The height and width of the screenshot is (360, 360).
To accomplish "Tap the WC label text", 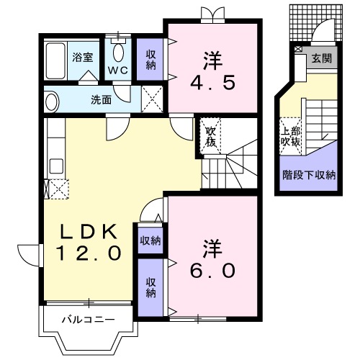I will (118, 70).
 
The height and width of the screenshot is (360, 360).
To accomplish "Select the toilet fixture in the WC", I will (119, 52).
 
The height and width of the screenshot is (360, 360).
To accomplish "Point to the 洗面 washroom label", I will (101, 99).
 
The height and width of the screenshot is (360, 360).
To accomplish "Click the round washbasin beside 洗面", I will (50, 100).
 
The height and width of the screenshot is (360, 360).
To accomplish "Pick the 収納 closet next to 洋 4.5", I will (151, 59).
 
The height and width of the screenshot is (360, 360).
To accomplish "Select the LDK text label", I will (88, 232).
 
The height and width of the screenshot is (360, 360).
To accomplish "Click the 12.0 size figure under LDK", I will (88, 253).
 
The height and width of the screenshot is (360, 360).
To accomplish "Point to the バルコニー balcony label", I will (81, 318).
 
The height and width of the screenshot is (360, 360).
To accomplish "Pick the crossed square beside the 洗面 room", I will (152, 99).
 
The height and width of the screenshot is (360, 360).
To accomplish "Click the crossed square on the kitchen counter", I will (56, 189).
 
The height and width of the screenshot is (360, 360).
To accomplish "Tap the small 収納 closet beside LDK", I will (150, 240).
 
